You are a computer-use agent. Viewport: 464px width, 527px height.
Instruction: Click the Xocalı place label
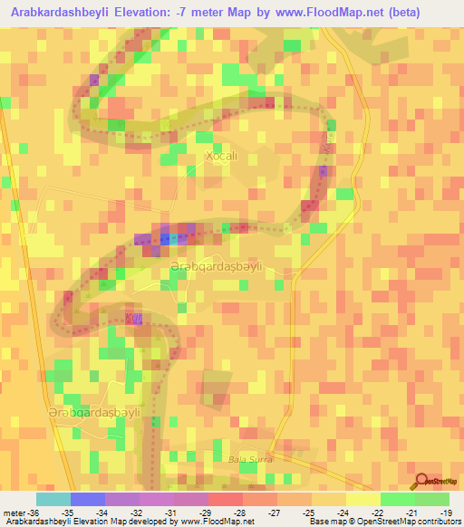point(220,156)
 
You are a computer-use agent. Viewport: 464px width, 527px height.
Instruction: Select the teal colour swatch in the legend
point(53,499)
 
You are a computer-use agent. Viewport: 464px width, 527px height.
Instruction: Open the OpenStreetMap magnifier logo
point(421,480)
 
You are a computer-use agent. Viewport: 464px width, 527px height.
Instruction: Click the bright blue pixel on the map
point(166,239)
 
